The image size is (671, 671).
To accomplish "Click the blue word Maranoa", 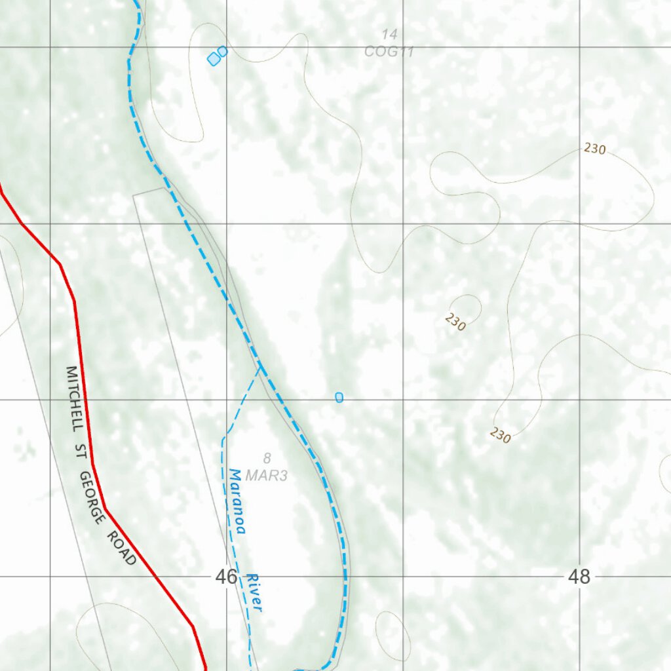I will pos(237,501).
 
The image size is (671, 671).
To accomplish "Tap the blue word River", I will pos(254,593).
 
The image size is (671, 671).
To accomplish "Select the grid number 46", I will pos(226,577).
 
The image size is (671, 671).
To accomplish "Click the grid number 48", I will pos(579,577).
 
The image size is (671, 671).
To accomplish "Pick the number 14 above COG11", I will pos(389,34).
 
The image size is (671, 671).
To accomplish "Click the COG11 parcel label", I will pos(389,52).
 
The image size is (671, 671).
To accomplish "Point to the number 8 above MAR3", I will pos(267,458).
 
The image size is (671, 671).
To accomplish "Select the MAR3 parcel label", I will pos(267,476).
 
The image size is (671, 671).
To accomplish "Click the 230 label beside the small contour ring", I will pos(455,322).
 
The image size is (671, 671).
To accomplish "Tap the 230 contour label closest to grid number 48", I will pos(500,435).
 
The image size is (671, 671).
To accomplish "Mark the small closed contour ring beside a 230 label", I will pos(467,307).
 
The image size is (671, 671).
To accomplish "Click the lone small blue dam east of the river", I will pos(339,397).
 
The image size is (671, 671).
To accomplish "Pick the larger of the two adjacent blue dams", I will pos(214,60).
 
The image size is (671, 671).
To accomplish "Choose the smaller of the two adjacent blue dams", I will pos(223,51).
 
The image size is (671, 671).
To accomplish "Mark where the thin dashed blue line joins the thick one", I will pos(260,367).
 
